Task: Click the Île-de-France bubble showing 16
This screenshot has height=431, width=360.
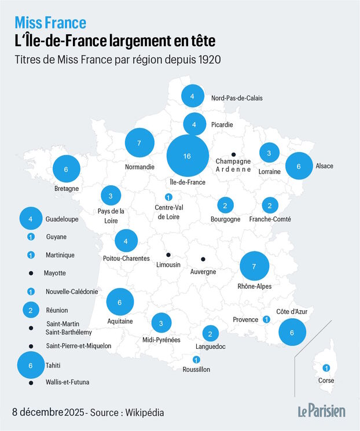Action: (188, 156)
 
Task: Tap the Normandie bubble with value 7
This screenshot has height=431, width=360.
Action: (139, 143)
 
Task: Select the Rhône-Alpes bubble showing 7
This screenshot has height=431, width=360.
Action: (255, 266)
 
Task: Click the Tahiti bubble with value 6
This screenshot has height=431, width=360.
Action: (31, 365)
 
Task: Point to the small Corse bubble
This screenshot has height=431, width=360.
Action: (326, 368)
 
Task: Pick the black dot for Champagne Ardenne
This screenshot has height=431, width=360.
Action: (233, 154)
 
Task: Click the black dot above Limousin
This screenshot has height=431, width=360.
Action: (168, 255)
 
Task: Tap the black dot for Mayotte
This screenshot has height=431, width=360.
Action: (31, 273)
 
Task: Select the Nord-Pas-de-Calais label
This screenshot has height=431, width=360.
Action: (237, 98)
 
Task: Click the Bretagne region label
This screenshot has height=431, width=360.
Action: (67, 189)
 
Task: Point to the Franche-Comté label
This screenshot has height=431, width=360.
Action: (270, 219)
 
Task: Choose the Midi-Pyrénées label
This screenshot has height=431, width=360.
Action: (161, 340)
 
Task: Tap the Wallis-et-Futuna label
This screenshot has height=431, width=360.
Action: (67, 382)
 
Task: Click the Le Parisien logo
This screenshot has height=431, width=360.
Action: (322, 411)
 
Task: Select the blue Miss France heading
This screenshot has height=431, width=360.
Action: (50, 23)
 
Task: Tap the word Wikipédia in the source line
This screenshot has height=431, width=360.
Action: (145, 412)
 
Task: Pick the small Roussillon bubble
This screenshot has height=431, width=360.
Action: (196, 359)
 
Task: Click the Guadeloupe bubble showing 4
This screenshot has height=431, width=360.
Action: (31, 219)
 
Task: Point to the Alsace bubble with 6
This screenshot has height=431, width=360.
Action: (299, 166)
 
